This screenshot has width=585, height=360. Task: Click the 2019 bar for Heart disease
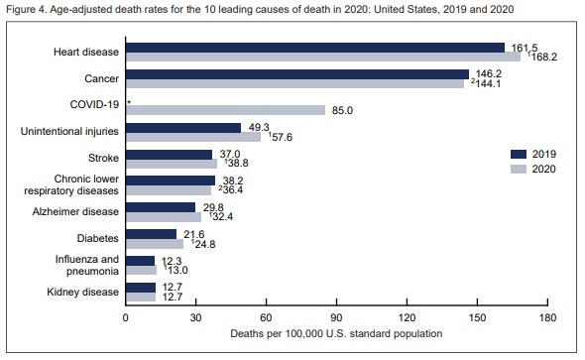click(314, 48)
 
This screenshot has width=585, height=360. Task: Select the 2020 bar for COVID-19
click(225, 110)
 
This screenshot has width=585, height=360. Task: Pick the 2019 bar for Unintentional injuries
click(182, 127)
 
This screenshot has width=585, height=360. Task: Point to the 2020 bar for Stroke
click(171, 164)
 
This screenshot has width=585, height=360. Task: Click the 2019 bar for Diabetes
click(151, 233)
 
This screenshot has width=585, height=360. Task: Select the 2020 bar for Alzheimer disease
click(163, 216)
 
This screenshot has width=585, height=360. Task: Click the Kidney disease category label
click(84, 291)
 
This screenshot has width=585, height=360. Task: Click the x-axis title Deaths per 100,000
click(336, 334)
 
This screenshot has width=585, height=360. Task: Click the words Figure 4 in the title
click(26, 10)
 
